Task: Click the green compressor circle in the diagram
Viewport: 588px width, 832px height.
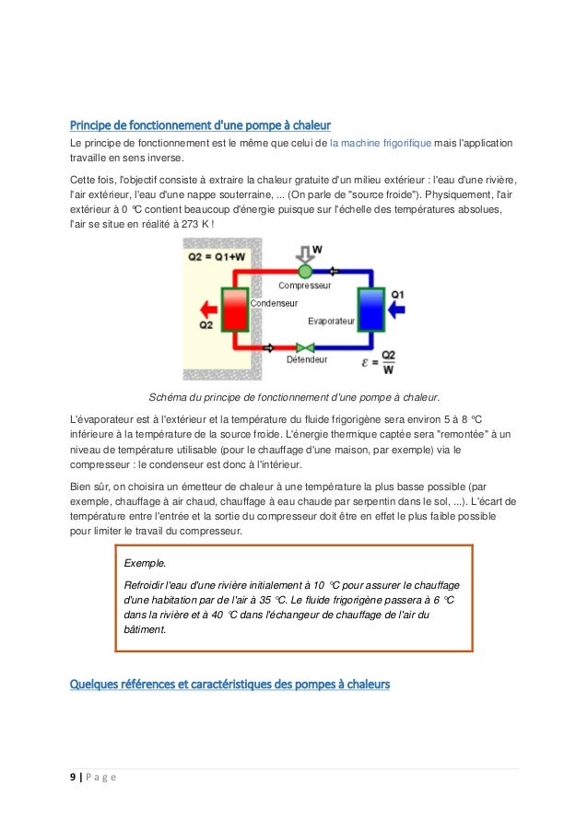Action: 305,271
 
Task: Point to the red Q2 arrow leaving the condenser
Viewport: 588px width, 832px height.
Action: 206,309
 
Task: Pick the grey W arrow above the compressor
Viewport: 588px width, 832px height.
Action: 305,252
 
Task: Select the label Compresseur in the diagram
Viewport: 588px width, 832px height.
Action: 304,286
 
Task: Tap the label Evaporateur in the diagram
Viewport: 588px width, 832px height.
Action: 331,321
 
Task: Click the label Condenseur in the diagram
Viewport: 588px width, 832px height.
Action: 274,302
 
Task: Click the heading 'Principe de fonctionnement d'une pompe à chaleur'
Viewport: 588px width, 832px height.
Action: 200,124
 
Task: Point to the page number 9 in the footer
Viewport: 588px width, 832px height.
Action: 74,776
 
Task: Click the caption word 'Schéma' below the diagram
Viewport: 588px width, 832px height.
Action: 169,397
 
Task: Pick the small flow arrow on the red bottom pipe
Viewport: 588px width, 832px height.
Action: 269,348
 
